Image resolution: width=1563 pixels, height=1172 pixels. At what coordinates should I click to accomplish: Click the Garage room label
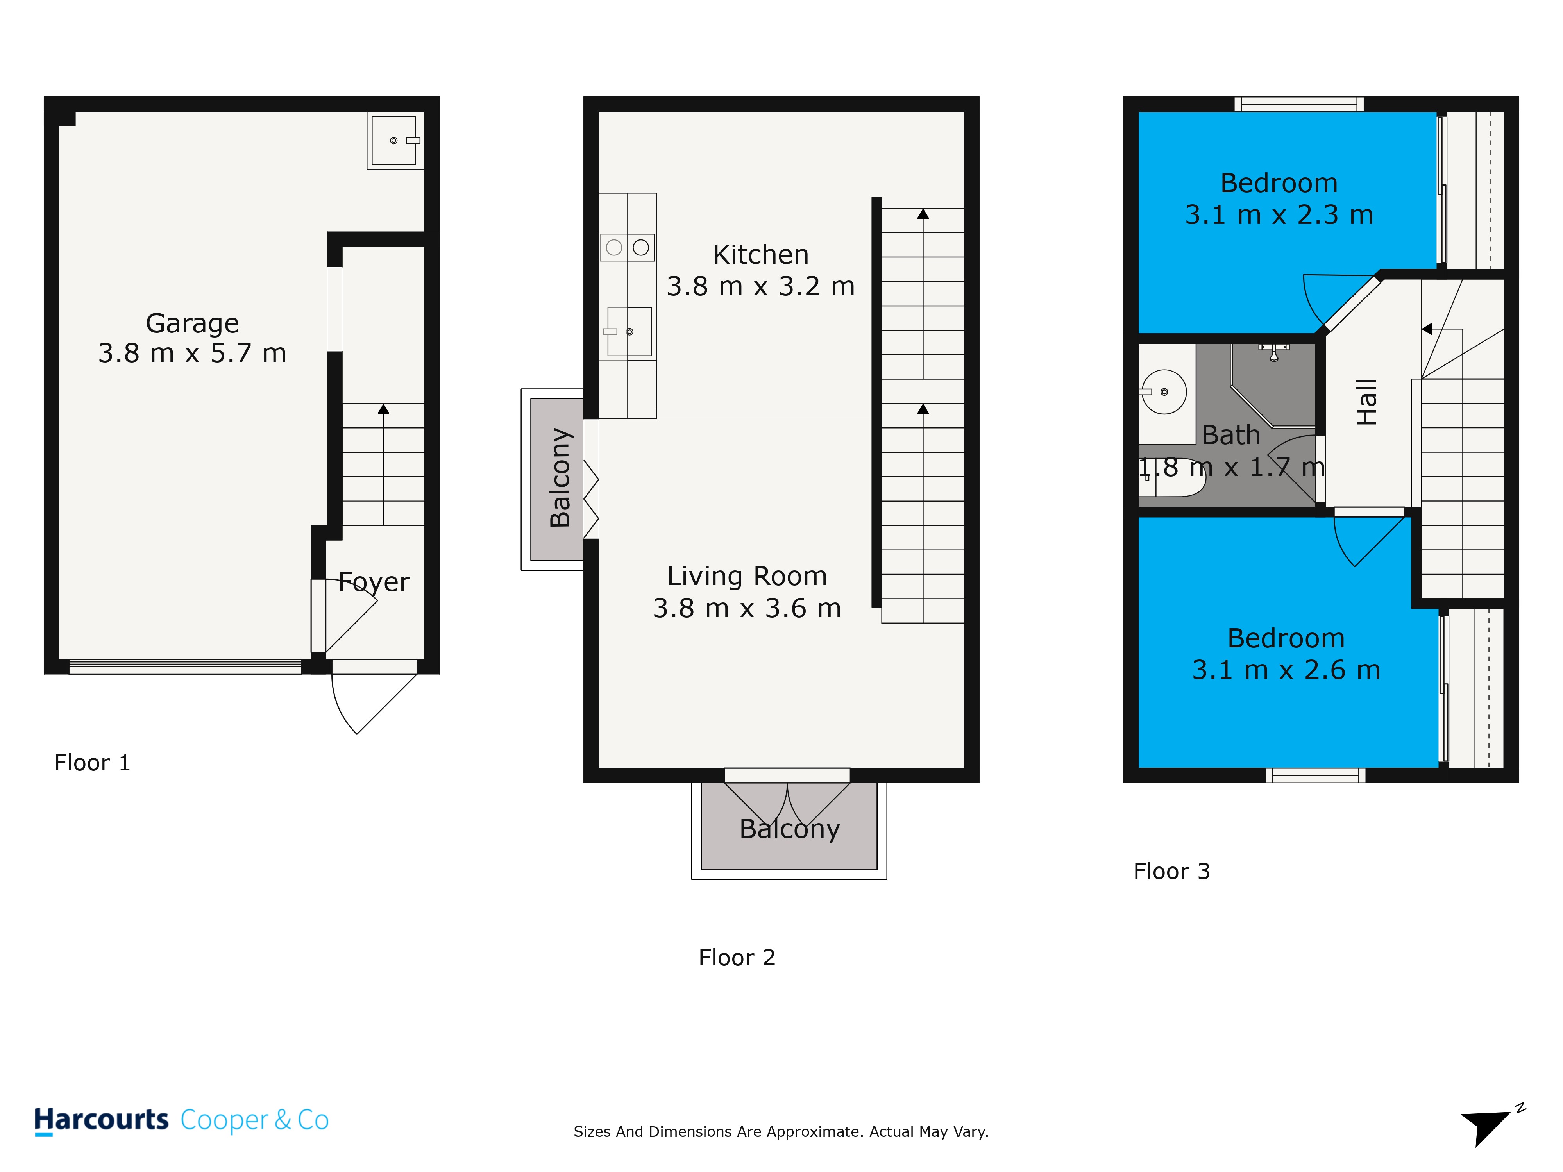(192, 323)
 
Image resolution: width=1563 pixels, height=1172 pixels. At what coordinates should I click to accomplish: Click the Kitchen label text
(760, 254)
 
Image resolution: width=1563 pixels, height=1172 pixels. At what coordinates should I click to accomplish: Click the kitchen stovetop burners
(628, 247)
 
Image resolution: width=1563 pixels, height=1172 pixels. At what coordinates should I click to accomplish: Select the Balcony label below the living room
(789, 829)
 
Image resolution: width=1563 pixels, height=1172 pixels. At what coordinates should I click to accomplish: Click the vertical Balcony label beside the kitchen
(560, 477)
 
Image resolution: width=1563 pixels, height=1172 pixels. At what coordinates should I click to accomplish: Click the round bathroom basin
(1163, 392)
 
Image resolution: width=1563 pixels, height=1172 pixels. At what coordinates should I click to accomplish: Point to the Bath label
(1231, 435)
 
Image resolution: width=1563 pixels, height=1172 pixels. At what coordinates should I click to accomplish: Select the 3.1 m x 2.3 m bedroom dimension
(1279, 215)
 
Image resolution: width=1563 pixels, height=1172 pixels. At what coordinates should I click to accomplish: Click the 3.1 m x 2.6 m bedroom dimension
(1286, 670)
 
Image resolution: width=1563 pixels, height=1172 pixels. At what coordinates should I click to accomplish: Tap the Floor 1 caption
(93, 763)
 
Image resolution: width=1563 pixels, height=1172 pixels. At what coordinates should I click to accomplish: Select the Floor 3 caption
(1171, 871)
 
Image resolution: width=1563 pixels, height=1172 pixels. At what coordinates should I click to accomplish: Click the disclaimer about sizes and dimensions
(781, 1132)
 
